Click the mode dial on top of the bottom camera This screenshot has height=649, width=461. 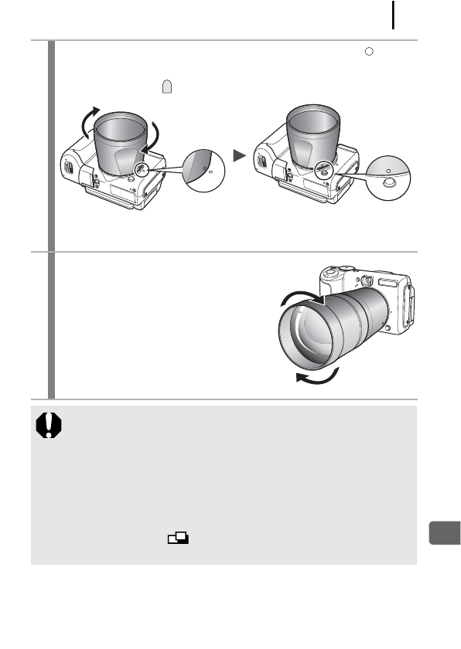pos(332,272)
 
